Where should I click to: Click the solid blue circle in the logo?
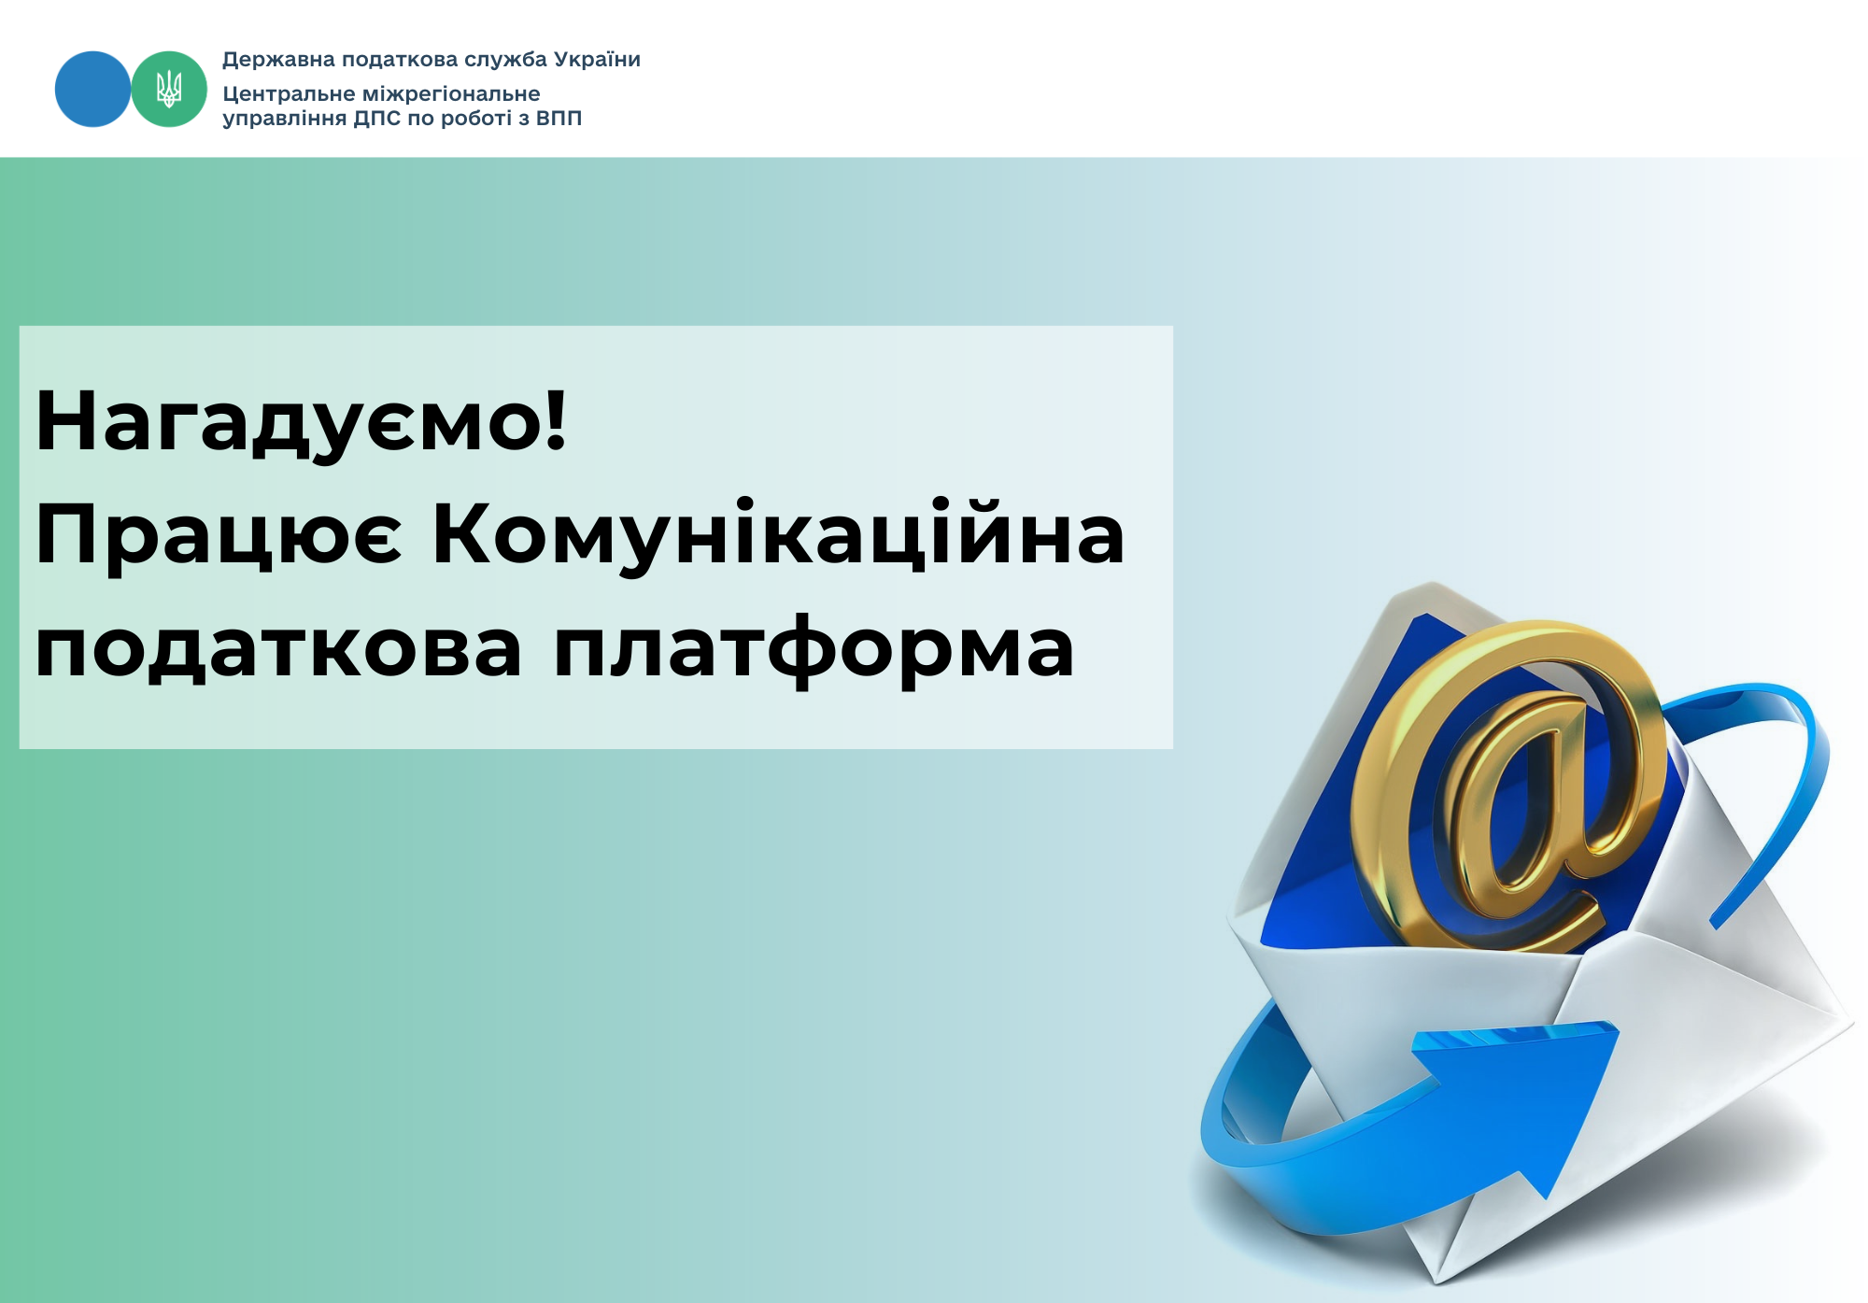click(92, 89)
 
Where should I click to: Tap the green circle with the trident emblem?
click(169, 89)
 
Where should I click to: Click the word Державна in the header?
click(278, 61)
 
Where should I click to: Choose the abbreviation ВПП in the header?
click(559, 118)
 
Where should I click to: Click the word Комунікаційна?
click(779, 535)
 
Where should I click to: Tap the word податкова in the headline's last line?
click(278, 650)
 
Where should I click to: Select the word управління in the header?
click(284, 120)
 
